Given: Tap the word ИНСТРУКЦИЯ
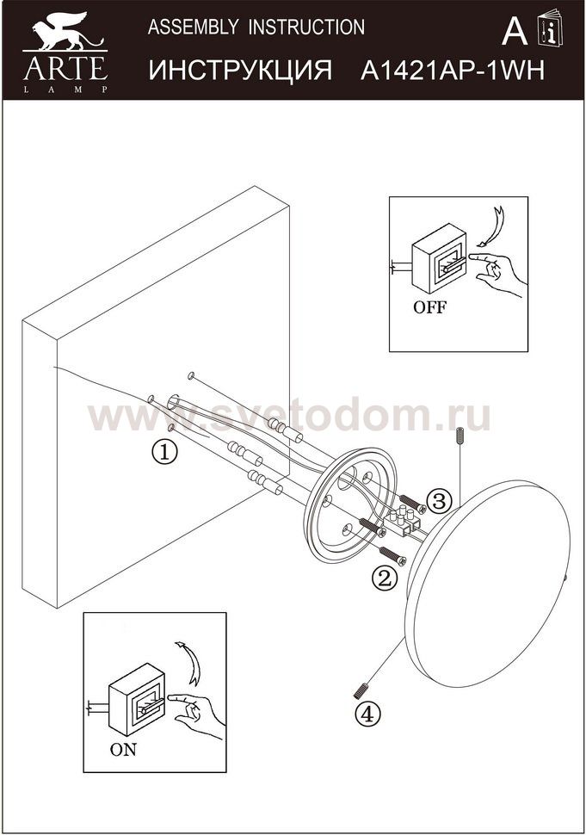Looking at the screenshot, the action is [x=240, y=71].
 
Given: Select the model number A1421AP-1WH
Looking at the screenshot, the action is [x=453, y=71].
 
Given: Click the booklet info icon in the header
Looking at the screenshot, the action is [x=551, y=28].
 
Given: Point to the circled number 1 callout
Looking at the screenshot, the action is [x=165, y=453].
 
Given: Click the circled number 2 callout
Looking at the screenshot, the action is [x=386, y=578].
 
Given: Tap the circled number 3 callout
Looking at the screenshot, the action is [x=441, y=501].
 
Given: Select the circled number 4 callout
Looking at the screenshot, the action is [x=368, y=714].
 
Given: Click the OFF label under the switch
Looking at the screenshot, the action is [x=430, y=308].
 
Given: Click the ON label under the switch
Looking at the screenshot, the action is [x=123, y=750].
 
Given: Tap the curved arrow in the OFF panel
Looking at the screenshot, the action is [x=490, y=227].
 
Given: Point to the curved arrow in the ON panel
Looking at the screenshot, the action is [x=189, y=663].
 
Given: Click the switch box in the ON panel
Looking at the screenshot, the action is [x=137, y=698].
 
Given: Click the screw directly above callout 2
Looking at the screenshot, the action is [x=392, y=555].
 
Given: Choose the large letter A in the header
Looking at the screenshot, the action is [x=515, y=32].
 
